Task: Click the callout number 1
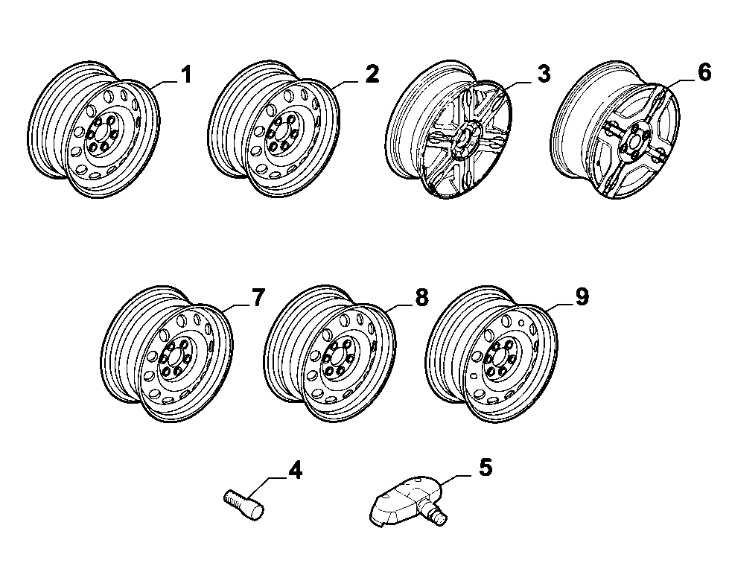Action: coord(186,74)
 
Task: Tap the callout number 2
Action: coord(372,74)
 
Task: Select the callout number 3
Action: coord(544,74)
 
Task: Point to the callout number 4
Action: coord(295,470)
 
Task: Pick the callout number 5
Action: coord(485,467)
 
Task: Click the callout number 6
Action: coord(704,72)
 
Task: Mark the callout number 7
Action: coord(258,297)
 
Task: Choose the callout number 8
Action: coord(421,297)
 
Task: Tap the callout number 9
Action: coord(582,297)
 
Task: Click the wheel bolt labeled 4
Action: coord(244,505)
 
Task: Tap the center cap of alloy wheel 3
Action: coord(463,138)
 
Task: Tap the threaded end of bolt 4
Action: coord(232,498)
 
